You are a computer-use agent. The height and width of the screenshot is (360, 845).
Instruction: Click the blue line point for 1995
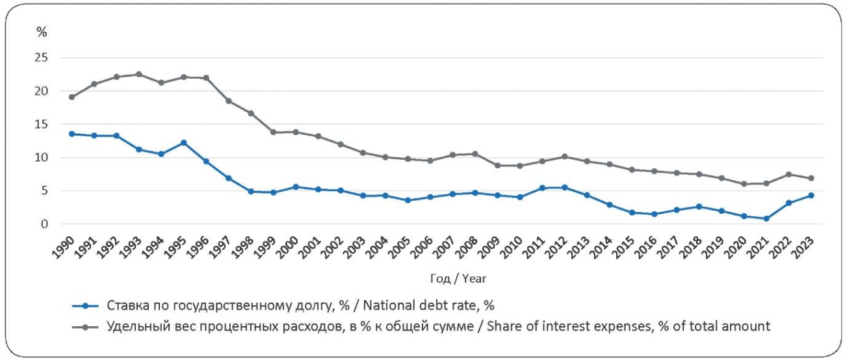click(183, 143)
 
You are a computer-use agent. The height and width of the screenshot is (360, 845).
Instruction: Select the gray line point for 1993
click(138, 74)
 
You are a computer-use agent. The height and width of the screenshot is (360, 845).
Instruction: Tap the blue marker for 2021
click(767, 218)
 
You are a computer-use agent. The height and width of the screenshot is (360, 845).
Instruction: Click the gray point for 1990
click(71, 97)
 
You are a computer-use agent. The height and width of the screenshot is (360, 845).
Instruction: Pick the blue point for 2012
click(565, 187)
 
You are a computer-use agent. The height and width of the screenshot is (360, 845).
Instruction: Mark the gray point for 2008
click(475, 154)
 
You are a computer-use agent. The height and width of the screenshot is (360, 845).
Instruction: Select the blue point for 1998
click(251, 192)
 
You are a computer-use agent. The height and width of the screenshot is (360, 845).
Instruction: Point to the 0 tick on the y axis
click(45, 224)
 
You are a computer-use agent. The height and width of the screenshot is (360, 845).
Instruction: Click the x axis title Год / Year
click(458, 278)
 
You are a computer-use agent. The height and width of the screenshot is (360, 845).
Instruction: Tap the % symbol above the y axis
click(42, 31)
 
